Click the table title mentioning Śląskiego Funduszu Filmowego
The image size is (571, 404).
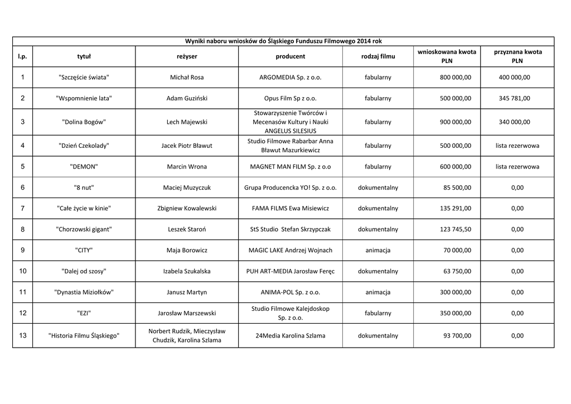click(283, 41)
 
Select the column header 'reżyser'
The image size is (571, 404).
click(187, 56)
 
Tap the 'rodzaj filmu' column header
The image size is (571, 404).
click(378, 56)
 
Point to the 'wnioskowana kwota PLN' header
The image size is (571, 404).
click(447, 56)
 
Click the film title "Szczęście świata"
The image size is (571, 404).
click(84, 77)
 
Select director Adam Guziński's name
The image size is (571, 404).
click(187, 98)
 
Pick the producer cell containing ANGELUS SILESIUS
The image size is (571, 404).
click(290, 122)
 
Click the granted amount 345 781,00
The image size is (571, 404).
click(514, 98)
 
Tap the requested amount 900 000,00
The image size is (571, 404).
click(455, 122)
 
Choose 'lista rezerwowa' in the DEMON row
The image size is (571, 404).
click(517, 166)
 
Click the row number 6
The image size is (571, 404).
click(22, 187)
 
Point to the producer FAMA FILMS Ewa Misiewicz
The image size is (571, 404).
click(290, 208)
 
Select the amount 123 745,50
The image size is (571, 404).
click(455, 229)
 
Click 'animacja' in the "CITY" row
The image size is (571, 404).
click(378, 250)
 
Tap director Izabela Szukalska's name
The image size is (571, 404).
click(187, 271)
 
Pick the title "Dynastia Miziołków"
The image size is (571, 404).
click(84, 292)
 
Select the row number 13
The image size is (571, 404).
click(22, 335)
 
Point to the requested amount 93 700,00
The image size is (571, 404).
click(457, 335)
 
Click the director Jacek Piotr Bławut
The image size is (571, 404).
click(187, 146)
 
